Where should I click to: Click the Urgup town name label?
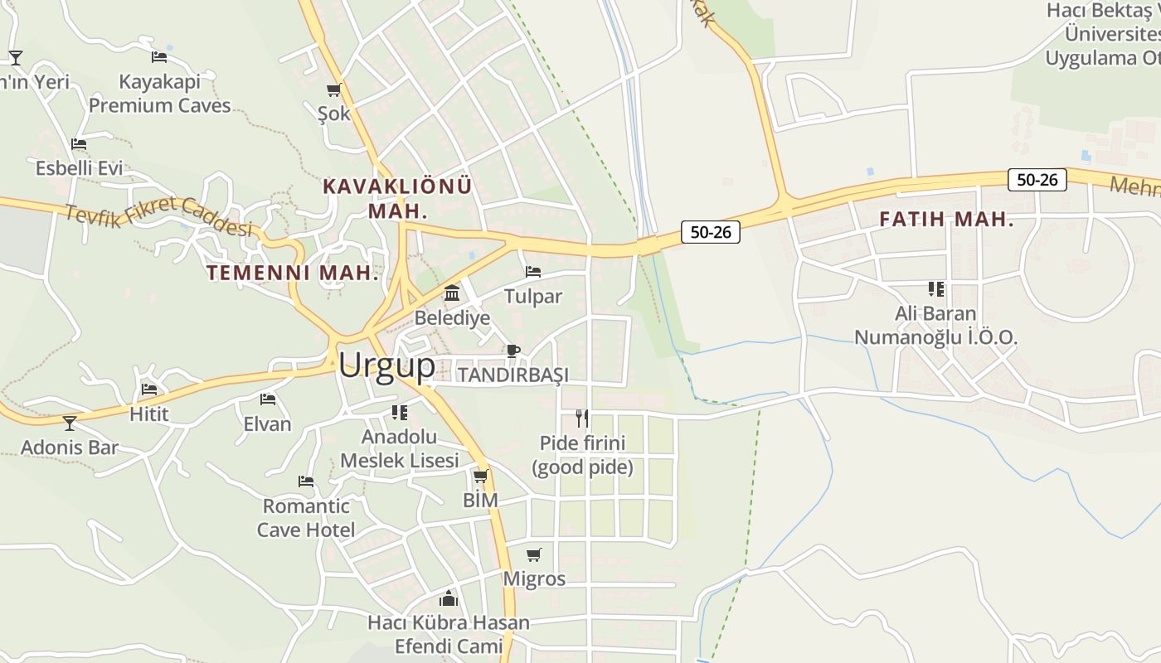386,365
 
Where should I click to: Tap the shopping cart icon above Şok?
334,90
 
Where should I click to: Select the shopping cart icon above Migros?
534,554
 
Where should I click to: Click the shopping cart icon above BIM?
480,476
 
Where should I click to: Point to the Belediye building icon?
452,293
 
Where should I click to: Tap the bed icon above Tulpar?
533,272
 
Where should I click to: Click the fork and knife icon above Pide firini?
582,418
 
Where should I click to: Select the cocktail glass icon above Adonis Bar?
70,423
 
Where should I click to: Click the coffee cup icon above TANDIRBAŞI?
513,351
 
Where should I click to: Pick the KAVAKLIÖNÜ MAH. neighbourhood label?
397,198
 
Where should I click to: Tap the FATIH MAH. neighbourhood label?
946,220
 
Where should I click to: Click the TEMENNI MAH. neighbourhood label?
293,273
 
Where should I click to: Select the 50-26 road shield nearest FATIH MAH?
1037,180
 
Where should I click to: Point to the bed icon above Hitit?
149,389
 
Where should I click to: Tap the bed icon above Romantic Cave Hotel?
306,481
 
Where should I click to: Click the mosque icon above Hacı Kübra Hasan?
449,598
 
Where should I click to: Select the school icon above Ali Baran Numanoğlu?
936,289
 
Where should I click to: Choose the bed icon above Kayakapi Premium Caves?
159,57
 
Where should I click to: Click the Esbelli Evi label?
79,168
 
